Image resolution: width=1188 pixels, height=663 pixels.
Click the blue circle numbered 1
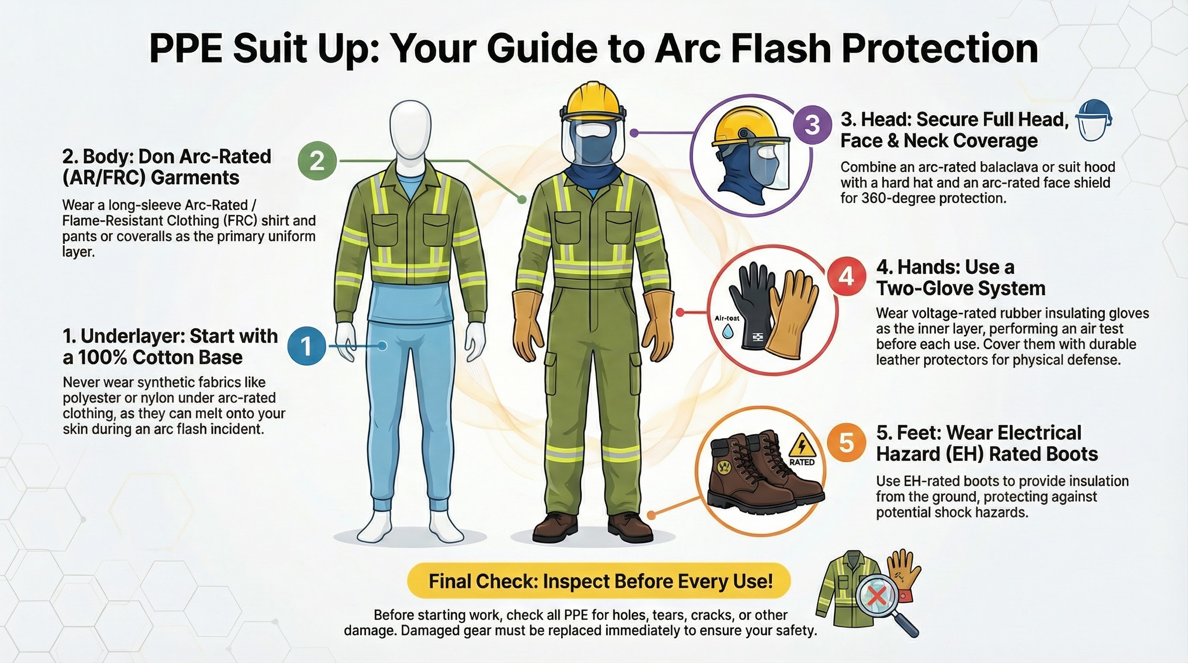click(x=306, y=346)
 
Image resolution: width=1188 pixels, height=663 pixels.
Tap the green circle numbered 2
click(x=317, y=161)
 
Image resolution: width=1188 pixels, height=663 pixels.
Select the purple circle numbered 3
click(x=812, y=124)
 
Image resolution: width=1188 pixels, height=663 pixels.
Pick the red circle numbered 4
click(x=846, y=277)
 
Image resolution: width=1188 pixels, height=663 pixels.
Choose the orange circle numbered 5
click(x=846, y=442)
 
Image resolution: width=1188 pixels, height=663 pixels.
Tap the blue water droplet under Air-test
click(x=728, y=330)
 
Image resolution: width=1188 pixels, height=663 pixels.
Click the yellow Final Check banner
click(x=599, y=581)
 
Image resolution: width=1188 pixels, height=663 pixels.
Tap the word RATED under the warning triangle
click(x=802, y=462)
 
